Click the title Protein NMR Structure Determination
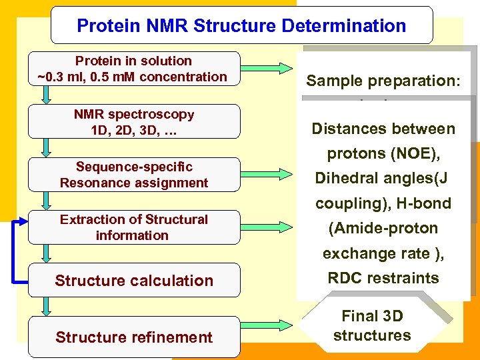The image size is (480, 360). point(241,26)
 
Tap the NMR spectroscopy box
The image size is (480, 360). point(134,122)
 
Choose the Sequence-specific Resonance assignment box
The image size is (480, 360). point(134,175)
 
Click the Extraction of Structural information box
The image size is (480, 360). point(134,227)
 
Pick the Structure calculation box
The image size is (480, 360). point(134,281)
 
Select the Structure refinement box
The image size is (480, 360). point(134,337)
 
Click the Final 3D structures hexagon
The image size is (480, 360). point(372,326)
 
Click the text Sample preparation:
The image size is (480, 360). point(379,81)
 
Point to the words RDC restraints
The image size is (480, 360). point(383,278)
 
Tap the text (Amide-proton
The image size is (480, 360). point(383,228)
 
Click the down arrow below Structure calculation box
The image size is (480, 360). point(45,306)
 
